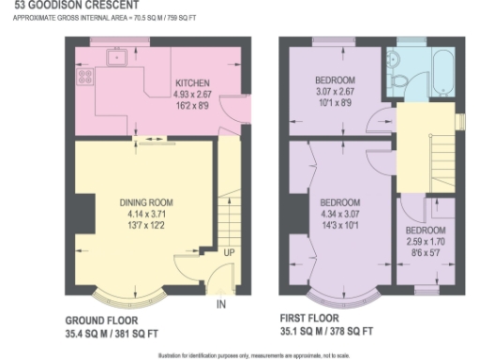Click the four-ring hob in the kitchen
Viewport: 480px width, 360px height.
(x=83, y=77)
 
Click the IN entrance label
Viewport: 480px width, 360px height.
(x=221, y=305)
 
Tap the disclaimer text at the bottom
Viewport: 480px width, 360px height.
(x=240, y=354)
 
